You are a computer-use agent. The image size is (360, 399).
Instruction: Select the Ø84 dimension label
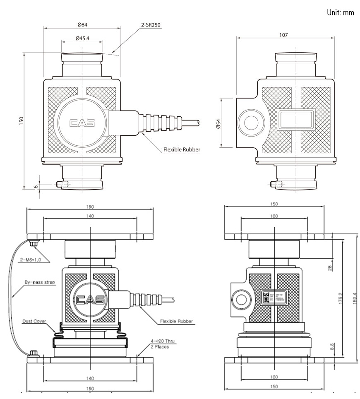pyautogui.click(x=82, y=24)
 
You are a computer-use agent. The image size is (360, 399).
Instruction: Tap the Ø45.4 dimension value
pyautogui.click(x=83, y=38)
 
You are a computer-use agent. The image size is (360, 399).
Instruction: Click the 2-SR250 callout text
pyautogui.click(x=151, y=25)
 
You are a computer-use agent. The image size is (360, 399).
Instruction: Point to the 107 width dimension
pyautogui.click(x=283, y=35)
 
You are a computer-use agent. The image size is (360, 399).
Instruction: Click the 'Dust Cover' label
pyautogui.click(x=35, y=321)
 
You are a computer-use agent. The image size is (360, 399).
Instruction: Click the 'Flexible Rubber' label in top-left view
pyautogui.click(x=180, y=150)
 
